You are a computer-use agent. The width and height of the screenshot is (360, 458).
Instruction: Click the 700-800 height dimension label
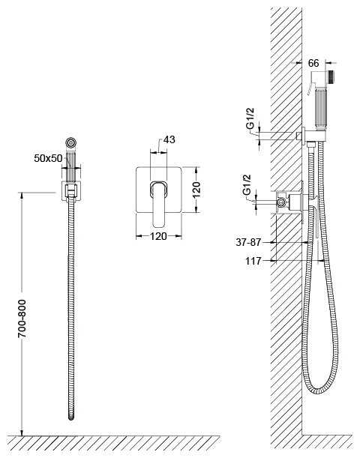click(x=22, y=319)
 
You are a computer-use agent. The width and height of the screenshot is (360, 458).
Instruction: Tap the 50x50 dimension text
click(x=48, y=158)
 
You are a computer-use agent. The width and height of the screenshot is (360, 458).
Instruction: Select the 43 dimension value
click(x=169, y=139)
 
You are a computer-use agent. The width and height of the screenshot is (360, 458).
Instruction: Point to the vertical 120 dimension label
click(x=196, y=190)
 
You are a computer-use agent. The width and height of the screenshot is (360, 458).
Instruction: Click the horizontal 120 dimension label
click(x=158, y=236)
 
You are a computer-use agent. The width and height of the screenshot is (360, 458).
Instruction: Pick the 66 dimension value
click(x=313, y=63)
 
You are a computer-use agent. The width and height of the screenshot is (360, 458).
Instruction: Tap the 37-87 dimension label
click(x=248, y=242)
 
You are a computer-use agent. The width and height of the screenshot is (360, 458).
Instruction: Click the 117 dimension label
click(x=253, y=261)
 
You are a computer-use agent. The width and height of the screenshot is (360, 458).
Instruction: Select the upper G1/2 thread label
click(x=250, y=118)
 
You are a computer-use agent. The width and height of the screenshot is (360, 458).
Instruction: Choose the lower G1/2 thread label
click(x=247, y=185)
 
